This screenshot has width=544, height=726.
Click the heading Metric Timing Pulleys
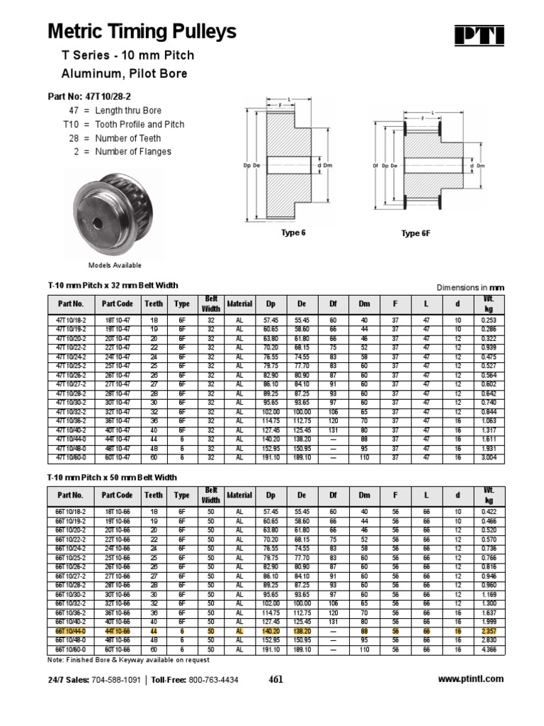(x=142, y=32)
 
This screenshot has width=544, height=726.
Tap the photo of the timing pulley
(x=115, y=216)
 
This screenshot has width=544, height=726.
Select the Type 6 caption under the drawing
(x=293, y=233)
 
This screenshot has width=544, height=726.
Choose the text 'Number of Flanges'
(x=135, y=152)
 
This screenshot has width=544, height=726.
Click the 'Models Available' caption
(x=115, y=265)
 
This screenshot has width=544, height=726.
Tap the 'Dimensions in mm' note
(x=470, y=287)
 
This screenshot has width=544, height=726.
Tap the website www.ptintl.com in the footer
(x=471, y=678)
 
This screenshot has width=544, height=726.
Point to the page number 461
(x=276, y=679)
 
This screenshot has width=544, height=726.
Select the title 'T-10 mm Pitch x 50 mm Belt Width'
(x=112, y=478)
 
